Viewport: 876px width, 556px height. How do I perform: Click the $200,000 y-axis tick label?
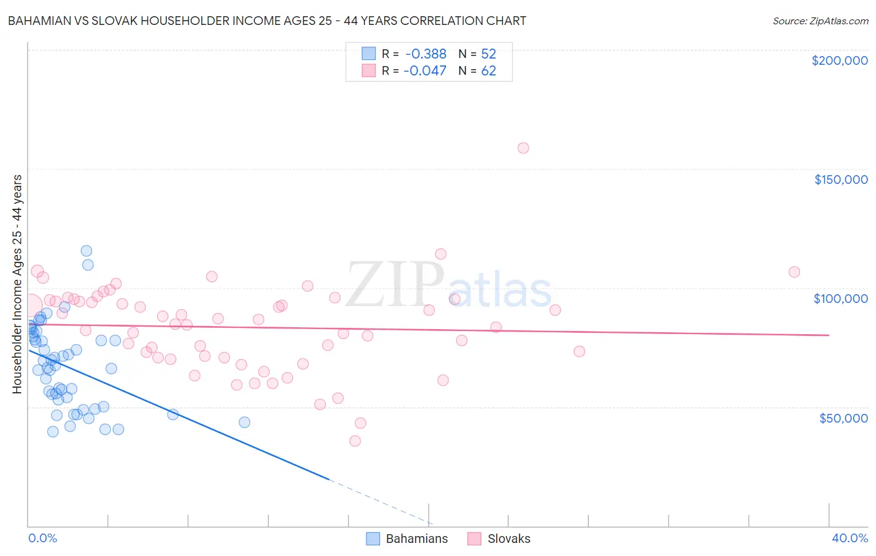839,60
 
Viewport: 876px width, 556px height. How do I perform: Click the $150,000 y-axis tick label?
840,180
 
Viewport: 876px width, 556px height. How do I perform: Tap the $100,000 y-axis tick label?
840,299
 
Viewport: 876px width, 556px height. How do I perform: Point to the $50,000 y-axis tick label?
843,418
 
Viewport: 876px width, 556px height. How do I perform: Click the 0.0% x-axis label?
42,538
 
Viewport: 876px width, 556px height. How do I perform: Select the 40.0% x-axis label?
850,538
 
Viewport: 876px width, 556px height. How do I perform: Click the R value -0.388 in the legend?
426,54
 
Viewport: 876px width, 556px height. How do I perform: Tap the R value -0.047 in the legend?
425,71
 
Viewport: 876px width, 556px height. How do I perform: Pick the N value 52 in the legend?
488,54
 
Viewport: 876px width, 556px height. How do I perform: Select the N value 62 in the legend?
488,71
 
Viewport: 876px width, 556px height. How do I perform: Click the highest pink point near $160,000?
523,148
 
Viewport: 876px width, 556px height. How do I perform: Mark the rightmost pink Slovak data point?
794,272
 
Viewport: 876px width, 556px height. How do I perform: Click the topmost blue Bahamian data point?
87,251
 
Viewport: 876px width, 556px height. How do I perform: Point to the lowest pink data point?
355,441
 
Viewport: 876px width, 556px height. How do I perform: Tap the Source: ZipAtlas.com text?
820,21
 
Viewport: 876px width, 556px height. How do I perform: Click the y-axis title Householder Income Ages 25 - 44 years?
17,284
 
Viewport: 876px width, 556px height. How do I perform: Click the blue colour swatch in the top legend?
369,54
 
